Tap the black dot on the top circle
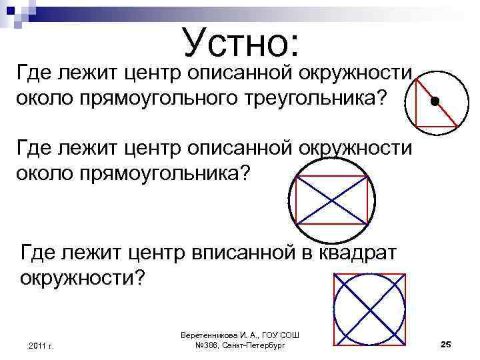coord(435,102)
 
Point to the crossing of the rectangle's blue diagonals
coord(331,201)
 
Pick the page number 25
coord(446,343)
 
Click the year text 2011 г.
coord(41,345)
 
